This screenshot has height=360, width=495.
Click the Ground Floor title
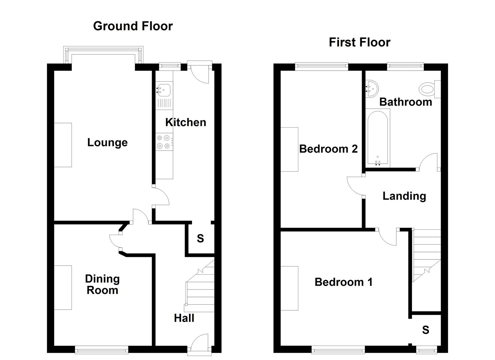point(133,26)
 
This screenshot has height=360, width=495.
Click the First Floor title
point(359,42)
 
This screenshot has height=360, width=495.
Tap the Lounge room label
point(107,142)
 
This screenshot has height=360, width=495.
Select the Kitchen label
point(186,122)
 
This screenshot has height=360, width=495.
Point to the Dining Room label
point(102,284)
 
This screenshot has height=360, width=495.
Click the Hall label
point(184,318)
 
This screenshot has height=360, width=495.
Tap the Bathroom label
point(405,102)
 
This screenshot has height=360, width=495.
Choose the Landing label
point(404,196)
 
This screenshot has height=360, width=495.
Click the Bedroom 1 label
point(343,282)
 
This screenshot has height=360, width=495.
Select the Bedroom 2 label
point(328,149)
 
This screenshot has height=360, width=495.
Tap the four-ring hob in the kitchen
point(164,142)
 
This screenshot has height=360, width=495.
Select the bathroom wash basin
point(371,89)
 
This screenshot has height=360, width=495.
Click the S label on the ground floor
point(200,238)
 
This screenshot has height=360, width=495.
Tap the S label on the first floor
point(425,330)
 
